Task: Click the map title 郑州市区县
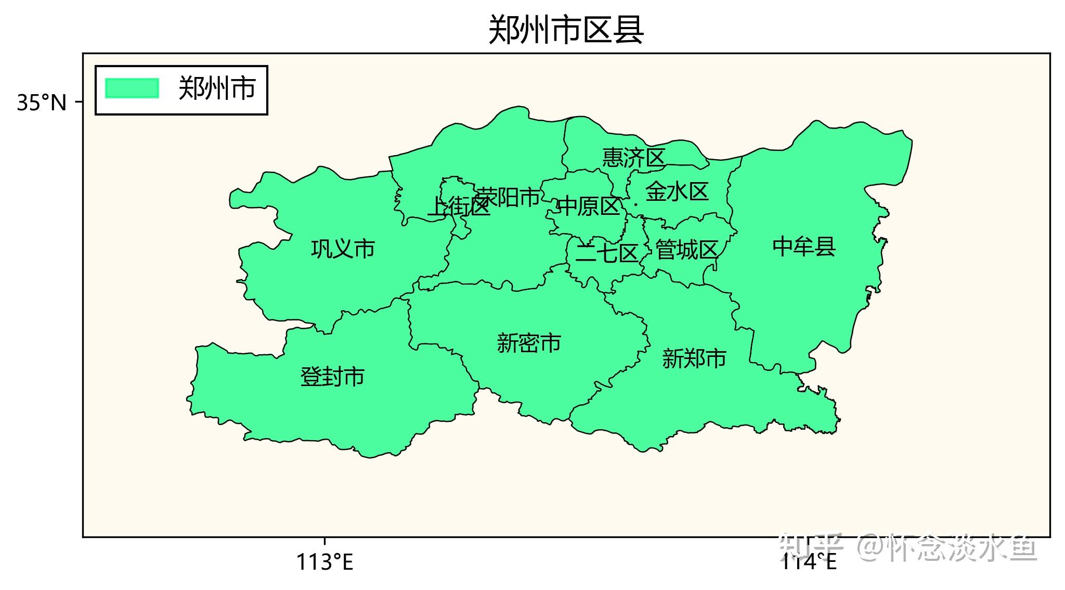(566, 30)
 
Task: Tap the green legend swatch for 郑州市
(132, 88)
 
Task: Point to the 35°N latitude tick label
(42, 103)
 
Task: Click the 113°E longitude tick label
(324, 562)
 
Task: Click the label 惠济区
(633, 158)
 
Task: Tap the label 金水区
(677, 192)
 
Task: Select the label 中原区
(589, 207)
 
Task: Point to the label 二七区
(607, 254)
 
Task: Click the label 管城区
(686, 250)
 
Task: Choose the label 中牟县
(804, 247)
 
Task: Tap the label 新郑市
(694, 359)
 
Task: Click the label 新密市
(529, 343)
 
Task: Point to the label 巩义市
(343, 249)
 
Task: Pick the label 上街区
(458, 207)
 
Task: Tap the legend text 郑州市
(217, 88)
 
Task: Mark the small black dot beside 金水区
(635, 204)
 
